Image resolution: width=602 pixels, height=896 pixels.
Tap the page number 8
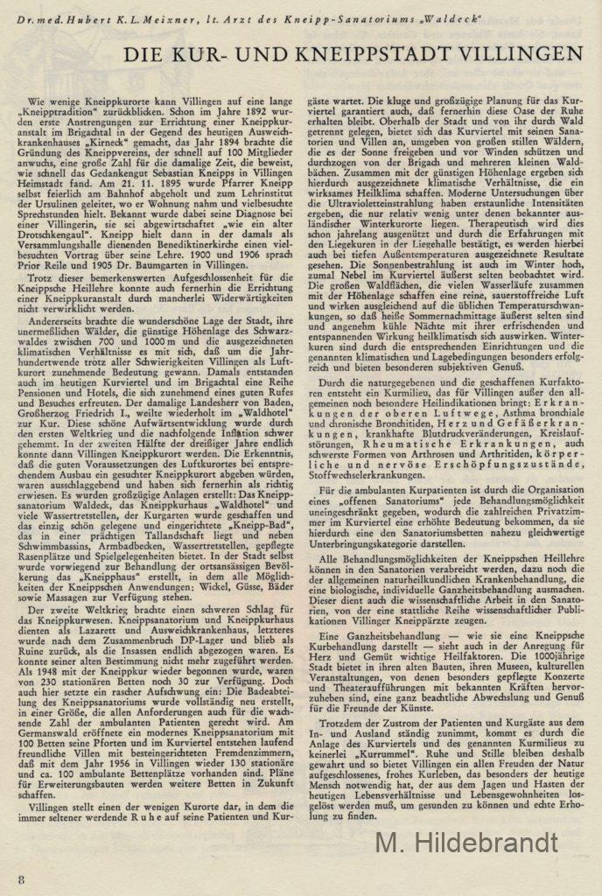[20, 878]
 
